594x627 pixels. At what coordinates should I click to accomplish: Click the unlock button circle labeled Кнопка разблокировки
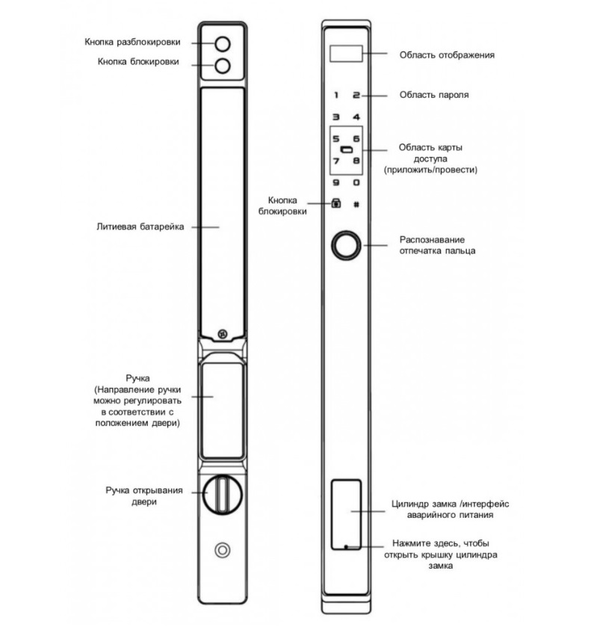[x=222, y=44]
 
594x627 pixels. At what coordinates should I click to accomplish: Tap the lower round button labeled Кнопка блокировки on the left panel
[x=222, y=66]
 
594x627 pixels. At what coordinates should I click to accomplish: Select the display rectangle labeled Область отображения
[x=346, y=54]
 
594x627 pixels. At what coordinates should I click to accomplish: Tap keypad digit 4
[x=356, y=117]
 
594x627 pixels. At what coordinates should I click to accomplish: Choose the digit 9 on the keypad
[x=336, y=183]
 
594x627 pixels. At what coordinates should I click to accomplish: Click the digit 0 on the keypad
[x=356, y=183]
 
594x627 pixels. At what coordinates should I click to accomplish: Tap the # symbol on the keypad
[x=356, y=204]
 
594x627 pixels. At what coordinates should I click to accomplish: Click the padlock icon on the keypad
[x=336, y=203]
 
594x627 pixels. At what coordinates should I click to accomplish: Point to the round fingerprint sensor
[x=346, y=245]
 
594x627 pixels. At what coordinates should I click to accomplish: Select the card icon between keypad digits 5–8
[x=347, y=150]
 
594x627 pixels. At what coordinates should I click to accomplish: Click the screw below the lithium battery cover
[x=222, y=334]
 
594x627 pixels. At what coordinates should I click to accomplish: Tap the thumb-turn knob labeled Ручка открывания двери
[x=222, y=494]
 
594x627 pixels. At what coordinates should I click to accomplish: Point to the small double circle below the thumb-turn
[x=222, y=550]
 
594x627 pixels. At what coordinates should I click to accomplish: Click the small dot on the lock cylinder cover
[x=346, y=546]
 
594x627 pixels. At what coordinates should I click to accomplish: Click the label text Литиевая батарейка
[x=140, y=226]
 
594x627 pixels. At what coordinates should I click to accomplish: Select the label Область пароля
[x=434, y=95]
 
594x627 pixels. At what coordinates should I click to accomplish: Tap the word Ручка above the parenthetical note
[x=137, y=378]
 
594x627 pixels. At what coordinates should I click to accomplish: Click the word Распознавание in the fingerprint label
[x=432, y=240]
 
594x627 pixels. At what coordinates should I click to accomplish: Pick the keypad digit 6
[x=356, y=139]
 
